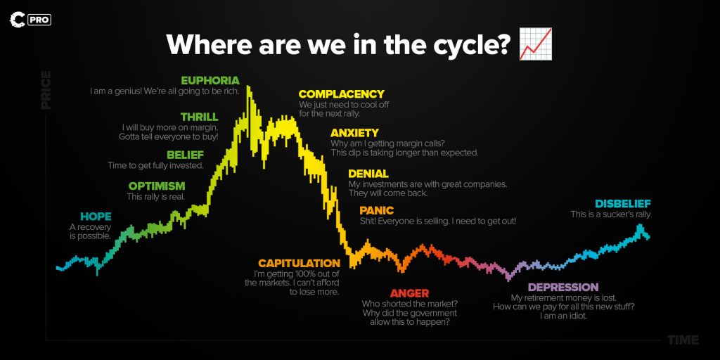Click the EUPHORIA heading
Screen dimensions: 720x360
point(210,80)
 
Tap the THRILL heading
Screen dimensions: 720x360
point(199,117)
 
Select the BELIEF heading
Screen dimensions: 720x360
point(185,155)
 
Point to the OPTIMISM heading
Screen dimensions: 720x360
point(157,186)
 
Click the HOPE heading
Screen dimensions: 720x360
point(96,217)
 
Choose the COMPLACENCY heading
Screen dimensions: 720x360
point(341,94)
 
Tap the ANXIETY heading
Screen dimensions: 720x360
point(354,133)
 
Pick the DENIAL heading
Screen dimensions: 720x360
point(368,174)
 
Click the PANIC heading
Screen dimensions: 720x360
point(377,210)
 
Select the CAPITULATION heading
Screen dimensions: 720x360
point(299,263)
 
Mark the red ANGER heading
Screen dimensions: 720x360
point(410,293)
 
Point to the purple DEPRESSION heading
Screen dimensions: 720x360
point(563,288)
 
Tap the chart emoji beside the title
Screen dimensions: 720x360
point(535,44)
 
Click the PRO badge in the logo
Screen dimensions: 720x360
point(39,20)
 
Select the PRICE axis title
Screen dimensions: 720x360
point(46,90)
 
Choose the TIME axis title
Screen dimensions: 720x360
point(683,340)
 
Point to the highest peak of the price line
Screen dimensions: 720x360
point(248,86)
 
